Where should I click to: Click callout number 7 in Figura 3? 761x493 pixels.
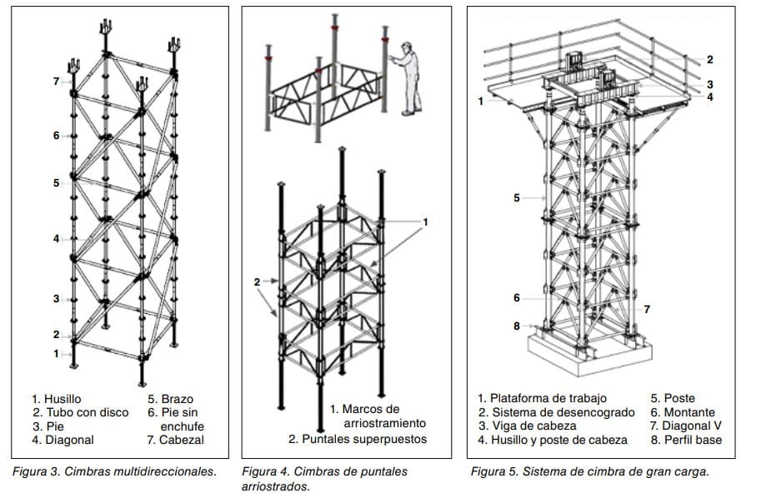pos(57,81)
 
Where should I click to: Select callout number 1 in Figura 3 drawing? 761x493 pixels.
pos(57,353)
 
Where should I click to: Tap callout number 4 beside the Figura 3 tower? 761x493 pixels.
pos(57,239)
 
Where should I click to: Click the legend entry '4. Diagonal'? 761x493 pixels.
pos(63,440)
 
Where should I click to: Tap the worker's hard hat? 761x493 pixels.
pos(404,47)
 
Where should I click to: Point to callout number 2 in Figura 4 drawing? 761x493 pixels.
pos(258,282)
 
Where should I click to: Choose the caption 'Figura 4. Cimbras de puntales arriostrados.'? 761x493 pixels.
pos(324,478)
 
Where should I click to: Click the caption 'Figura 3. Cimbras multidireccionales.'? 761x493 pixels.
pos(114,471)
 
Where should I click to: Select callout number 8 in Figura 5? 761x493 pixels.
pos(517,326)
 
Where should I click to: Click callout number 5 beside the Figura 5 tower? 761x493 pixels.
pos(517,197)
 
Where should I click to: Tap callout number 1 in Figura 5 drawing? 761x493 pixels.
pos(481,101)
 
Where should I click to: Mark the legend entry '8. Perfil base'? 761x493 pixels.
pos(686,440)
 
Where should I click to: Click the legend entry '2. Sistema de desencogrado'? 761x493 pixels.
pos(556,412)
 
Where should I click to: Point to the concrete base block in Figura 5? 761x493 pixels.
pos(583,354)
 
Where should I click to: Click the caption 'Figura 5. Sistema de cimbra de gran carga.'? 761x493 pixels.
pos(589,471)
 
